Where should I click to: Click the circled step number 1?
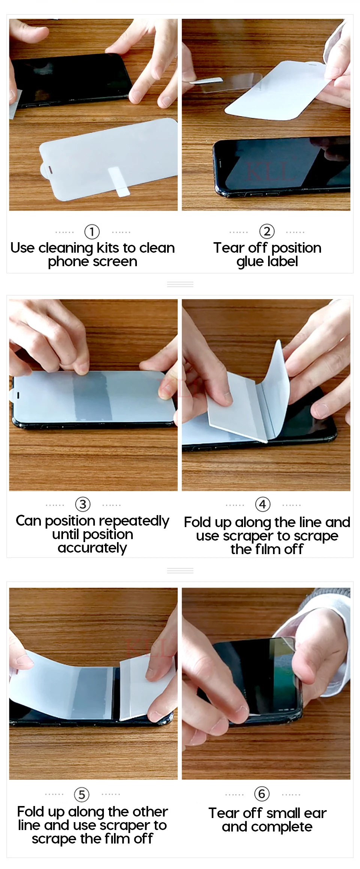coord(92,232)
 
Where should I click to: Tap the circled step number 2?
coord(267,231)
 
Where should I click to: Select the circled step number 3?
coord(83,504)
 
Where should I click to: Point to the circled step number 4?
coord(262,504)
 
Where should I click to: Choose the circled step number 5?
coord(81,794)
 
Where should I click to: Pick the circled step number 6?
coord(262,793)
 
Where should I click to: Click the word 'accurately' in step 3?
coord(92,548)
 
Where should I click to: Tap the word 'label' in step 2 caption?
coord(283,261)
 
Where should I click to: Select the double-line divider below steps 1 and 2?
coord(180,285)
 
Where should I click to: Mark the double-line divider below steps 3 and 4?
coord(180,571)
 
